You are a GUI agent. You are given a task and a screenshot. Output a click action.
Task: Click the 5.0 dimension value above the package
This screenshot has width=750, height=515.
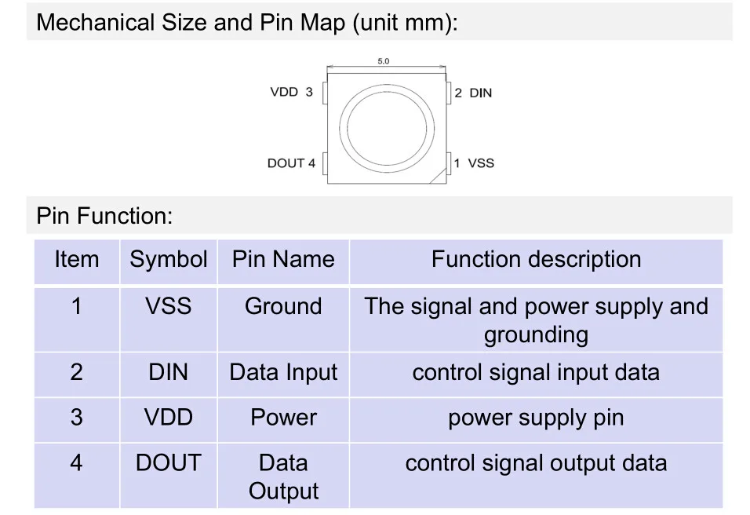click(x=384, y=61)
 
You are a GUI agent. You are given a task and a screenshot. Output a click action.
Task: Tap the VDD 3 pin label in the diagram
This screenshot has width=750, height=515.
click(x=291, y=93)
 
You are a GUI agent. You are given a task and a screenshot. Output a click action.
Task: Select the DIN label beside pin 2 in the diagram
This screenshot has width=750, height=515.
click(x=480, y=93)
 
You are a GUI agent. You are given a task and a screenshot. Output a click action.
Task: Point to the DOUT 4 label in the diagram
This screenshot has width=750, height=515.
click(x=291, y=163)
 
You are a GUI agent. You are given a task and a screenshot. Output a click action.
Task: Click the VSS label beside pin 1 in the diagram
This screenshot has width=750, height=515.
click(x=481, y=163)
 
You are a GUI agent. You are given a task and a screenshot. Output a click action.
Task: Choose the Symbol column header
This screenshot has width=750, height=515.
click(x=169, y=260)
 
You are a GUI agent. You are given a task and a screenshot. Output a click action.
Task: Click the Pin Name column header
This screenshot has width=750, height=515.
click(x=283, y=260)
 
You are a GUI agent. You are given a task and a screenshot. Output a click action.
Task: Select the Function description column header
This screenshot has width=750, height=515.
click(x=536, y=260)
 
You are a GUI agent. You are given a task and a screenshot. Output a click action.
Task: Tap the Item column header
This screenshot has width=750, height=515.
click(x=77, y=260)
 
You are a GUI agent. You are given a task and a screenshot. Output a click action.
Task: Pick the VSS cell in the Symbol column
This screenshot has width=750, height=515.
click(x=169, y=306)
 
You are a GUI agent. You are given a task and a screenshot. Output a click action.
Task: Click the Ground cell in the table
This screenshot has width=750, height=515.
click(x=283, y=306)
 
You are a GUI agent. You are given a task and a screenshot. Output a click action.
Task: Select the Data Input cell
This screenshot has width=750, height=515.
click(x=283, y=372)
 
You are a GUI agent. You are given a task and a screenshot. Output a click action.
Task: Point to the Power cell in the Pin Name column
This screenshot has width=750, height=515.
click(x=283, y=418)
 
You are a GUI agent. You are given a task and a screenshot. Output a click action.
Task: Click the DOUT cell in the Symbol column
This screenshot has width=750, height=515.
click(x=169, y=463)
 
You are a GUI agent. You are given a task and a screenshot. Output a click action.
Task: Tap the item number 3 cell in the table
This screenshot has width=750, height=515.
click(x=76, y=418)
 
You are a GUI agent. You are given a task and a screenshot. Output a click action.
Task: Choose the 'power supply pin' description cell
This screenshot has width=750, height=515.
click(x=536, y=418)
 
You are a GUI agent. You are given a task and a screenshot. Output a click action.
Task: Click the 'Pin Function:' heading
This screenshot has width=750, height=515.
click(x=104, y=216)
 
